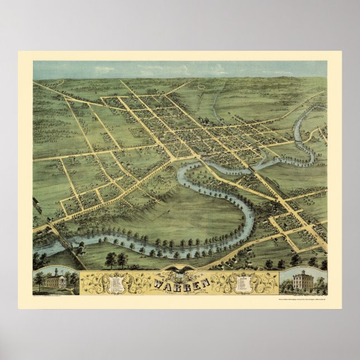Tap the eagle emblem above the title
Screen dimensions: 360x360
point(179,272)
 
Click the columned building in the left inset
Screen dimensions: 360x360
point(55,281)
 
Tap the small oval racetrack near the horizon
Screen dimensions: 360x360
point(200,84)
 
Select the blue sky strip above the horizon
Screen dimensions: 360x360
point(179,69)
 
